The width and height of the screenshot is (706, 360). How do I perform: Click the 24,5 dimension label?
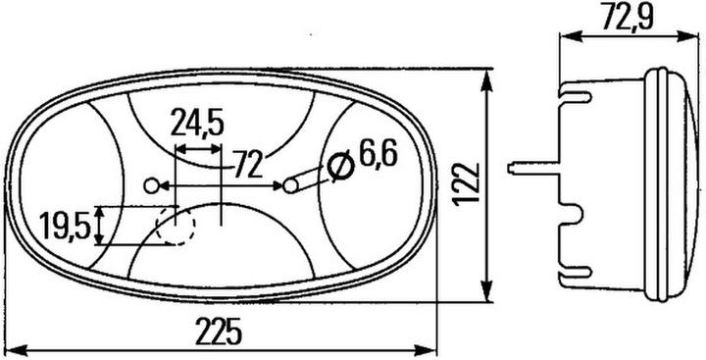tap(197, 125)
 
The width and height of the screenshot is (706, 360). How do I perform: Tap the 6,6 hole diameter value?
tap(378, 155)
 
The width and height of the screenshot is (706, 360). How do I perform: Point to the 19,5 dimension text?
tap(66, 227)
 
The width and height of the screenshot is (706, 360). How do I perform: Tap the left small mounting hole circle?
tap(150, 185)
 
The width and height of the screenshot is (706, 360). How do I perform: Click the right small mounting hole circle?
tap(291, 184)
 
